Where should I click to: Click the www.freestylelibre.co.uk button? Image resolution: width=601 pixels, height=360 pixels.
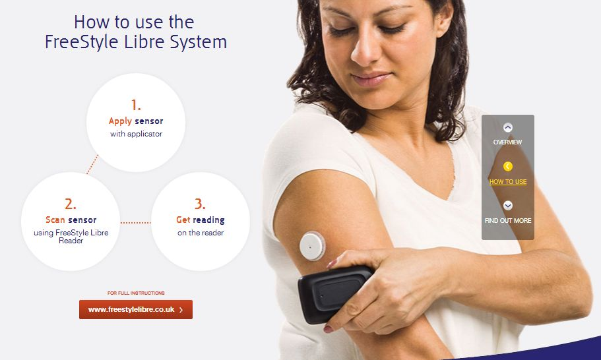(136, 309)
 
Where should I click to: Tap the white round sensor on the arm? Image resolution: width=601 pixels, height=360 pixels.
(313, 246)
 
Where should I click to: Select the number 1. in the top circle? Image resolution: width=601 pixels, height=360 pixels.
(136, 105)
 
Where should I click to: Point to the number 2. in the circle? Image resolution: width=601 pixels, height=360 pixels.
(71, 204)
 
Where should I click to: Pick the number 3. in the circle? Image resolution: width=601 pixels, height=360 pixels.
(200, 204)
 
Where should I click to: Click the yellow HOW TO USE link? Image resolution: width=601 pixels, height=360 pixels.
(508, 182)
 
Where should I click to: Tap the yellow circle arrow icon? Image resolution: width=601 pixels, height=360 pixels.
(508, 167)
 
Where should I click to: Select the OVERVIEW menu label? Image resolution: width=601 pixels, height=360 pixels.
(507, 142)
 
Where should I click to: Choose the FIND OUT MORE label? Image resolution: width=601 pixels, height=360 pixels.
(508, 221)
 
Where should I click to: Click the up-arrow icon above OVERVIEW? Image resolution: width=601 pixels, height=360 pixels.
(508, 127)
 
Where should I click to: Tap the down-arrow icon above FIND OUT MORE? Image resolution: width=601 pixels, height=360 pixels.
(508, 206)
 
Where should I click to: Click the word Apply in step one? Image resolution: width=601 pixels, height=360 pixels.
(120, 121)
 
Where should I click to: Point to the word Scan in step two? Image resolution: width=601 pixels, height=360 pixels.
(55, 220)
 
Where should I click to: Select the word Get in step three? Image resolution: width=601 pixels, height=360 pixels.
(183, 220)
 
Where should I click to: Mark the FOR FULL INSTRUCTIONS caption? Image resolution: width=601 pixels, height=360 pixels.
(136, 293)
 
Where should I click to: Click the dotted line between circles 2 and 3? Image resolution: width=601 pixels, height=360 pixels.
(136, 222)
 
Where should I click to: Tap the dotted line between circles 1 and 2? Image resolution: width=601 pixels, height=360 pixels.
(92, 164)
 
